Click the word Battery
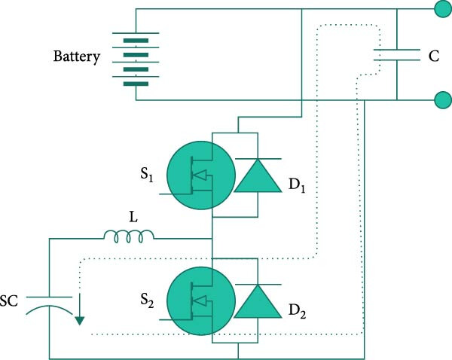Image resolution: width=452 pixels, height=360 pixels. pos(77,56)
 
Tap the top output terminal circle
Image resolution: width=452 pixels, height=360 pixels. pos(443,9)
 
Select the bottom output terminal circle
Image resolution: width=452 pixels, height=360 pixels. pos(443,100)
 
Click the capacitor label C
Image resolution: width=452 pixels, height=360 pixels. pos(434,56)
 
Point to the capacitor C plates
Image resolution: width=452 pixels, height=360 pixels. pos(397,55)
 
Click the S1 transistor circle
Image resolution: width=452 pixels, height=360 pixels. pos(201,175)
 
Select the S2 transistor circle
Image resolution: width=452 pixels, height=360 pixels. pos(201,301)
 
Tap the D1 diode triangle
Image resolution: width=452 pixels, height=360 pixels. pos(258,175)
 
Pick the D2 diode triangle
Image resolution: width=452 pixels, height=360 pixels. pos(258,301)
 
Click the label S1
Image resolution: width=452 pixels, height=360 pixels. pos(147,175)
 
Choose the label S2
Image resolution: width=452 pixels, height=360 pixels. pos(147,301)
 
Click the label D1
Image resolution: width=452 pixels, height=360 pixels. pos(297,185)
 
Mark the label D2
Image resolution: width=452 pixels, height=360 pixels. pos(298,311)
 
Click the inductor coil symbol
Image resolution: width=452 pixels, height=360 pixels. pos(129,236)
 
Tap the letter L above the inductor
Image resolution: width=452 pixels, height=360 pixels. pos(133,217)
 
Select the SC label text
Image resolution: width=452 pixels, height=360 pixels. pos(9,301)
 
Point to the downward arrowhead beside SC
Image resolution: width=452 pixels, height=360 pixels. pos(79,321)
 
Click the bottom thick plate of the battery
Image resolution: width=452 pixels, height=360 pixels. pos(136,84)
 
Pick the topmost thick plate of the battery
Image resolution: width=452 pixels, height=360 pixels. pos(136,41)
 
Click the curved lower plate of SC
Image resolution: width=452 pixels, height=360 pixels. pos(49,307)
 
